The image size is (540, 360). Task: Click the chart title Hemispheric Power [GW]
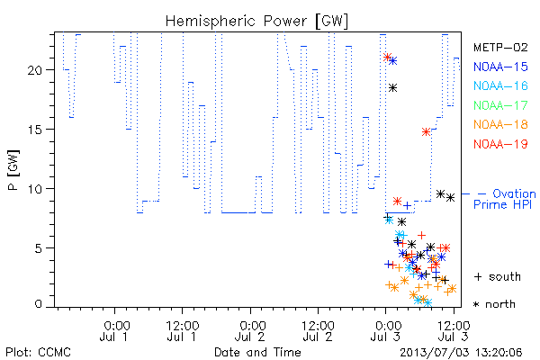[256, 22]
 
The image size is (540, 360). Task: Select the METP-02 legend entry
[500, 47]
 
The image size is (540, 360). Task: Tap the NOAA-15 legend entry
[500, 67]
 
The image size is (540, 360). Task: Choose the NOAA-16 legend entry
[500, 85]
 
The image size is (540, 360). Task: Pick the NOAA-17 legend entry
[500, 105]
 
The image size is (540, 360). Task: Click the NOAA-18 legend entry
[500, 124]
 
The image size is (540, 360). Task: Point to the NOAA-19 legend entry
[500, 144]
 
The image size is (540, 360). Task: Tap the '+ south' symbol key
[498, 276]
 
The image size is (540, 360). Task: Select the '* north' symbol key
[494, 304]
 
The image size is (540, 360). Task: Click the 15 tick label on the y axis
[34, 130]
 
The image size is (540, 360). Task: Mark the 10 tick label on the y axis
[34, 189]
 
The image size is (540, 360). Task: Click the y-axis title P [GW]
[13, 170]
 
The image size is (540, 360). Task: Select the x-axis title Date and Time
[257, 352]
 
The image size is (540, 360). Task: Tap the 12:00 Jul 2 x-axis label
[318, 331]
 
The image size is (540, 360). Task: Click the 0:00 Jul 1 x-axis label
[114, 331]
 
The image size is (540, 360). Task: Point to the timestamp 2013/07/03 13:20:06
[461, 353]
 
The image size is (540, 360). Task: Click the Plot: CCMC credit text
[38, 353]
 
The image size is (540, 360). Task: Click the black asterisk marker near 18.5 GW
[392, 88]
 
